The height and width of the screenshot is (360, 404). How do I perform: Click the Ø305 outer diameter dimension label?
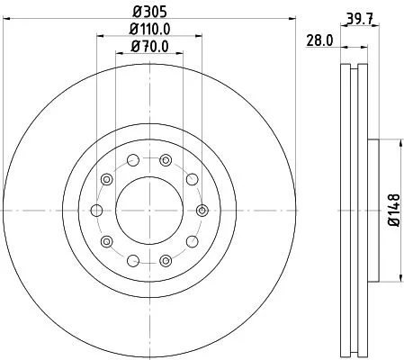pyautogui.click(x=148, y=12)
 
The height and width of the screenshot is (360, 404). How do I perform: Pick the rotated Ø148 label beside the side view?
pyautogui.click(x=393, y=209)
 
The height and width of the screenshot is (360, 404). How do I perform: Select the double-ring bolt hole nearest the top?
pyautogui.click(x=165, y=160)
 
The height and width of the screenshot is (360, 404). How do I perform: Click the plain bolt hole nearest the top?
pyautogui.click(x=132, y=160)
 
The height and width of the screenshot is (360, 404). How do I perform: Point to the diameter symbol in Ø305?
pyautogui.click(x=135, y=12)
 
